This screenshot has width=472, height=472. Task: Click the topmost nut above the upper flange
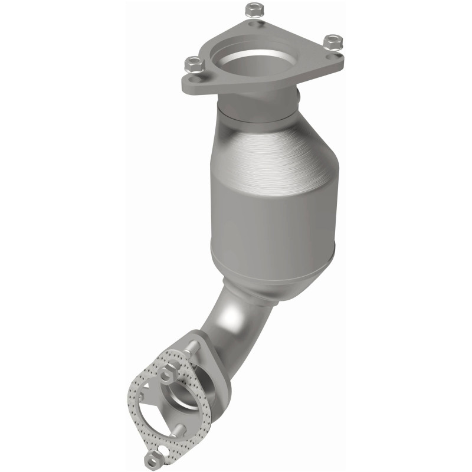coord(253,10)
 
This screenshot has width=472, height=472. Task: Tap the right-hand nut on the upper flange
coord(333,42)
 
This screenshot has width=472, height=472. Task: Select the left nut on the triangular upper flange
coord(194,64)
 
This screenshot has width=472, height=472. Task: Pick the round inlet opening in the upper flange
coord(254,59)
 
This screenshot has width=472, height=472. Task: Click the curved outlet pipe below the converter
coord(230,330)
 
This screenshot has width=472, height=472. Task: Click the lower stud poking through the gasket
coord(181,431)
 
